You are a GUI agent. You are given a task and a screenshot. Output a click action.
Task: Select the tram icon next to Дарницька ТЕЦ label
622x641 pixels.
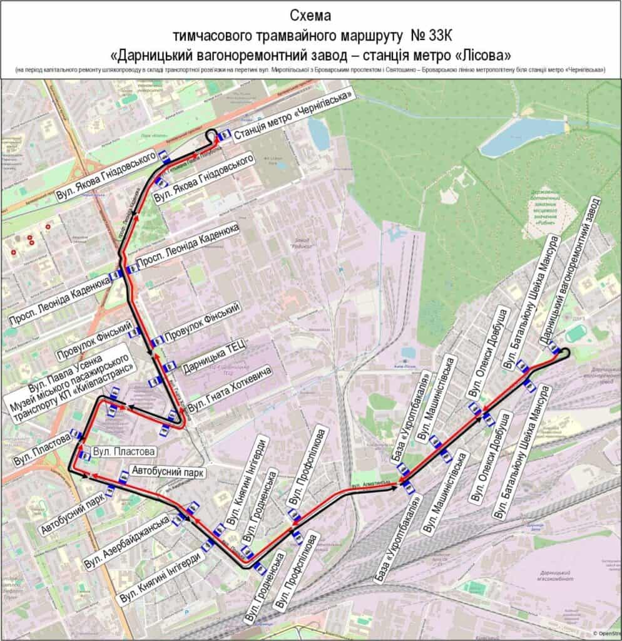169,367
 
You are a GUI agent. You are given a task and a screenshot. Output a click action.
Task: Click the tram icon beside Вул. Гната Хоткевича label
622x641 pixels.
173,414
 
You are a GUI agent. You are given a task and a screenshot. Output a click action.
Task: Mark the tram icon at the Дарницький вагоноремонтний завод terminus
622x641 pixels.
554,349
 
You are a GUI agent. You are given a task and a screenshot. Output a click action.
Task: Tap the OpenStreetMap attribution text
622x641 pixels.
606,633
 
